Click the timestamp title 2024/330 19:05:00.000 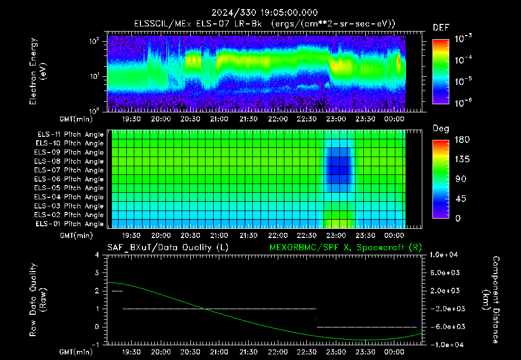pos(265,13)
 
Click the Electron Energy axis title pos(38,71)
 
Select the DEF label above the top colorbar pos(441,27)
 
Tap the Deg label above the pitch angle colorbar pos(441,129)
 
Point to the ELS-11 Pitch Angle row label pos(70,135)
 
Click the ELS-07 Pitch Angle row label pos(69,170)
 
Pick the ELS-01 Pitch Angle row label pos(69,224)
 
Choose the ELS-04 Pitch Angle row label pos(69,197)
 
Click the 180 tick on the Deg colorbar pos(462,140)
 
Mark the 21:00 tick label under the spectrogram pos(219,119)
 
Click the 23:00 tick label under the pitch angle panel pos(336,235)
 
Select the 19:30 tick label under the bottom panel pos(131,352)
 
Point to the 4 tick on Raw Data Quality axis pos(97,255)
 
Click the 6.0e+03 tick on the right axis pos(445,273)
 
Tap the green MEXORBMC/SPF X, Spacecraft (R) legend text pos(345,248)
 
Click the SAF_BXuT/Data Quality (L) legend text pos(168,248)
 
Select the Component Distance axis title pos(491,300)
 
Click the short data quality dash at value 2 pos(118,291)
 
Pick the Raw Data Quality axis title pos(38,300)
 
